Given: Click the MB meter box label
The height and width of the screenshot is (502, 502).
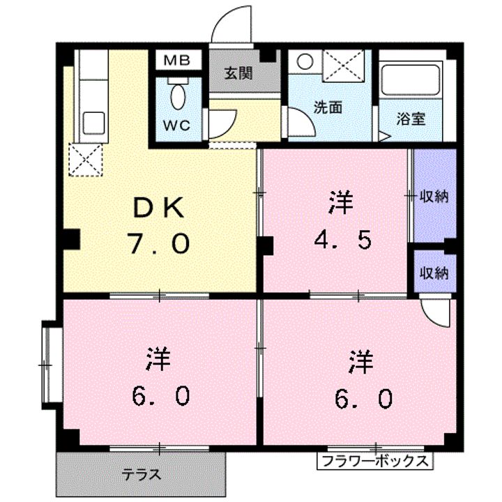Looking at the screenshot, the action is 177,60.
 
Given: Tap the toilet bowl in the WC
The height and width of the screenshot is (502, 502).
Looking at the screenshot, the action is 178,96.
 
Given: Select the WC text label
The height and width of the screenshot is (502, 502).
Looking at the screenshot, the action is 176,125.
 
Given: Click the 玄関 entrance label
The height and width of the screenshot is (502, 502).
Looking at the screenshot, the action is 238,73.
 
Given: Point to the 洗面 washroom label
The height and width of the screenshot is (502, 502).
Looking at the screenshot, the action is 328,107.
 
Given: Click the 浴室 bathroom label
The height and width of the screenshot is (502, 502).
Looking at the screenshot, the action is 411,119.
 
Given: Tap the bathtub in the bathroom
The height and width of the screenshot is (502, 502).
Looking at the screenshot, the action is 411,80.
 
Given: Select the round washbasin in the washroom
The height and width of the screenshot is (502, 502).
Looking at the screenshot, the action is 305,61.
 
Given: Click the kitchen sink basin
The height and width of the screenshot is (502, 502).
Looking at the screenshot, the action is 94,123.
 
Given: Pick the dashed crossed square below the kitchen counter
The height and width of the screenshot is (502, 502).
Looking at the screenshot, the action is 86,160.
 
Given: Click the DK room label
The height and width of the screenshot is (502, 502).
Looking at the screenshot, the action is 159,208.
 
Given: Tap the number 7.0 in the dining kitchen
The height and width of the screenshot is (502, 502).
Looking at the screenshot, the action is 160,243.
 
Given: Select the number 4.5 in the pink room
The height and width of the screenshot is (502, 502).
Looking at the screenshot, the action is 343,240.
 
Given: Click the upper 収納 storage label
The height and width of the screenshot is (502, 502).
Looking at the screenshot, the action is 434,196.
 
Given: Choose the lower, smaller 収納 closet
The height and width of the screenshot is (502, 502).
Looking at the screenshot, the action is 435,271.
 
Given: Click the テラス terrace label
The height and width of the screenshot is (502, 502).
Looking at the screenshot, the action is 142,474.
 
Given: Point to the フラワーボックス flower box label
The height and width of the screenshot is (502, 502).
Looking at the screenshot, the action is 374,461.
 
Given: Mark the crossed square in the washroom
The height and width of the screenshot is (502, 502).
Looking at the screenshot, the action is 343,63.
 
